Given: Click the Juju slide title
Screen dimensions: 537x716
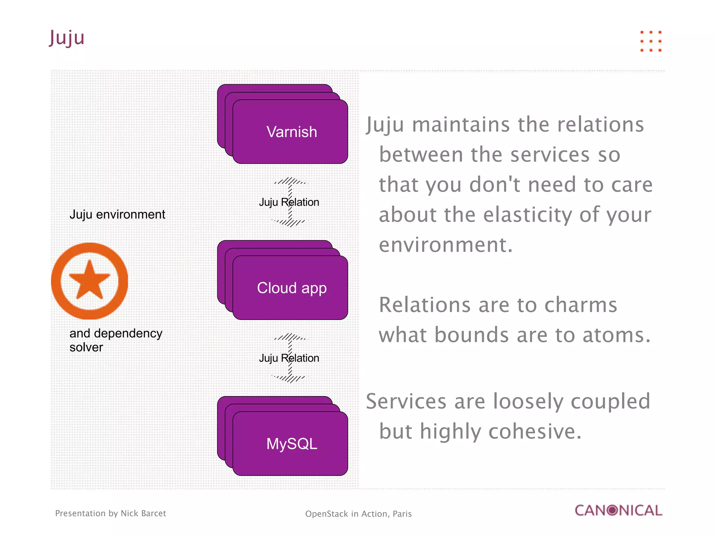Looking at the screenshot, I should click(67, 38).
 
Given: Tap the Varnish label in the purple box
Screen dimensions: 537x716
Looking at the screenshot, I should click(292, 132).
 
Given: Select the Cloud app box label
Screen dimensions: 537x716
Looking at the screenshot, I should click(292, 288).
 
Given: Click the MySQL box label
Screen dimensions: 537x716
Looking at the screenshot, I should click(292, 444).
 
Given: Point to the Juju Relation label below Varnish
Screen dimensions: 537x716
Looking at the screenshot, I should click(289, 202).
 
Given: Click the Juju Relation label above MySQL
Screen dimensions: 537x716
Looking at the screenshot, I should click(289, 358).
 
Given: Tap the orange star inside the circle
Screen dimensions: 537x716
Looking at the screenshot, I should click(89, 280).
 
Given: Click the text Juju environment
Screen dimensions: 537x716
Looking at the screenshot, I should click(117, 214).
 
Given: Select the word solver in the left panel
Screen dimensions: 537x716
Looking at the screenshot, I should click(86, 347).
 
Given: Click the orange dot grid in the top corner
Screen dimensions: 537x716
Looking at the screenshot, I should click(651, 41).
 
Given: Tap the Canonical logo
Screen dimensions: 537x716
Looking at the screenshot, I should click(618, 510).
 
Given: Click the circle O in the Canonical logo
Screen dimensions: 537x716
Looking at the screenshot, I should click(612, 510).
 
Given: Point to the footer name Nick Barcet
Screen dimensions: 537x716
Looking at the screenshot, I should click(143, 513).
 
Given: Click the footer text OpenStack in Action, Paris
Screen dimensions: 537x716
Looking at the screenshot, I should click(358, 514).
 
